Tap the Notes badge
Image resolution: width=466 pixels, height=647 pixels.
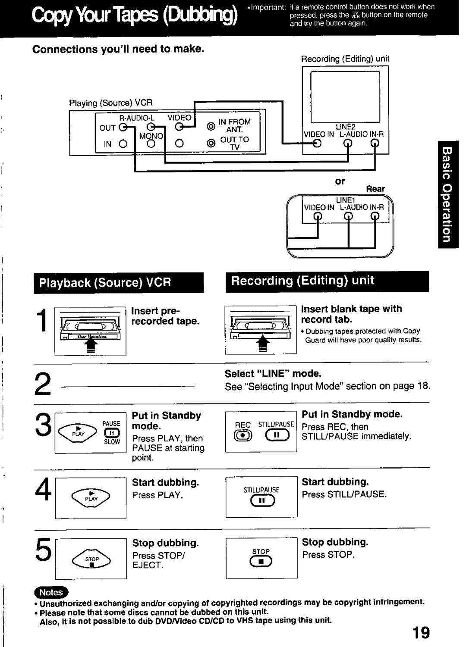click(51, 592)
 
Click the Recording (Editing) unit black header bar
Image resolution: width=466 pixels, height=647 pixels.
click(327, 281)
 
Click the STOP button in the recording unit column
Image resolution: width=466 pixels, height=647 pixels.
click(261, 561)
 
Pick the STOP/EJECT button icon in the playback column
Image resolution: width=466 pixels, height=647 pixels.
click(91, 560)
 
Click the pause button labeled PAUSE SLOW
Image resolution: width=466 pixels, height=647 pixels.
click(111, 433)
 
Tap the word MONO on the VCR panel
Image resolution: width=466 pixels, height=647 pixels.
click(151, 136)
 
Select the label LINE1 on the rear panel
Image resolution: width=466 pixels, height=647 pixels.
click(345, 200)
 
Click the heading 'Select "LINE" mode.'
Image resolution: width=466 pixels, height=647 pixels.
click(273, 374)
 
